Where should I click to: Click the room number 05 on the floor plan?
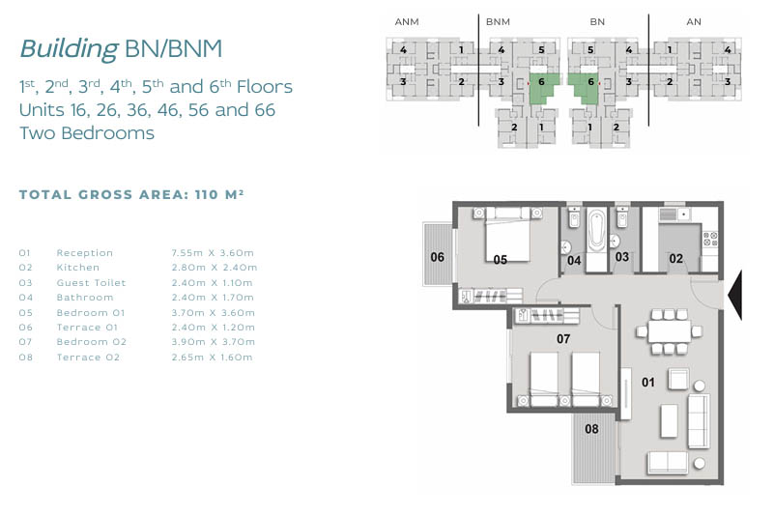coord(500,259)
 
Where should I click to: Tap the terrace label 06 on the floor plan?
coord(438,257)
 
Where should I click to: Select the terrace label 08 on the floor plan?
coord(591,429)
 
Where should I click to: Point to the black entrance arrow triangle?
coord(734,296)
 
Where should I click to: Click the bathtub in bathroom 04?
coord(596,231)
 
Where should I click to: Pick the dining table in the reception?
coord(669,331)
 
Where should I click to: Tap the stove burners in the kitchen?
coord(710,239)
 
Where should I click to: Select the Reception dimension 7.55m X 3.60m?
coord(213,253)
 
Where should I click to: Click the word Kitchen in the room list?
coord(78,267)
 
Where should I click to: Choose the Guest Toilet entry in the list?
coord(92,283)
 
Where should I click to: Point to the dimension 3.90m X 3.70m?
coord(214,342)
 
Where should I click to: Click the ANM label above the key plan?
coord(407,21)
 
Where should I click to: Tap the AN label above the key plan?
coord(694,21)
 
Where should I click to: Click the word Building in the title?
coord(70,48)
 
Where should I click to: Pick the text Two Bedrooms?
coord(87,132)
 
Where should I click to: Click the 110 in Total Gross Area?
coord(207,194)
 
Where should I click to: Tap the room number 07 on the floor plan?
coord(563,339)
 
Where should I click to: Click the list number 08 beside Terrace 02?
coord(26,357)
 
